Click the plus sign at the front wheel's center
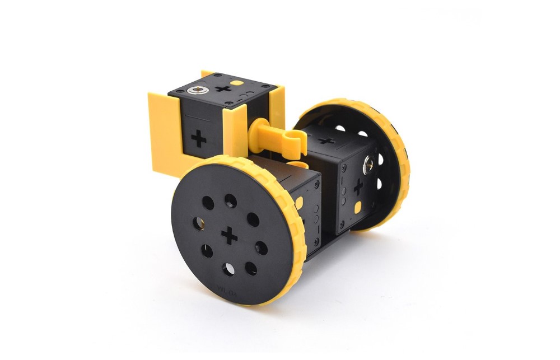(229, 236)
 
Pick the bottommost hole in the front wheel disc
(228, 270)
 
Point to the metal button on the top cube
(197, 91)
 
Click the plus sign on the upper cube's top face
(225, 88)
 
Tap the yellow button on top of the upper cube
(239, 82)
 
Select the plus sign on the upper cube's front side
(198, 138)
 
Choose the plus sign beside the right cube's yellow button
(358, 187)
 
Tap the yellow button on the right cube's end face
(357, 208)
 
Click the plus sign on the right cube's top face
(328, 140)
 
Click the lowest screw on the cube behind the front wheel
(318, 242)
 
